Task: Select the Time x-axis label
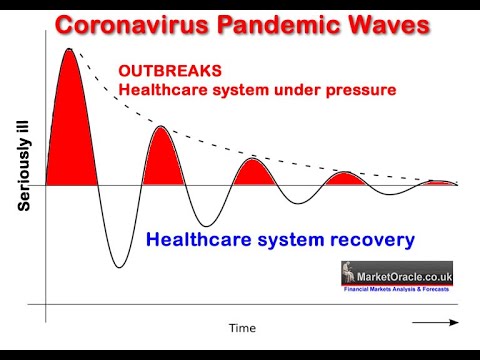242,327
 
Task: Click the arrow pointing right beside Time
435,323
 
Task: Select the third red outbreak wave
251,172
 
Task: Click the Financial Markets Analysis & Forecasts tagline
397,288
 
